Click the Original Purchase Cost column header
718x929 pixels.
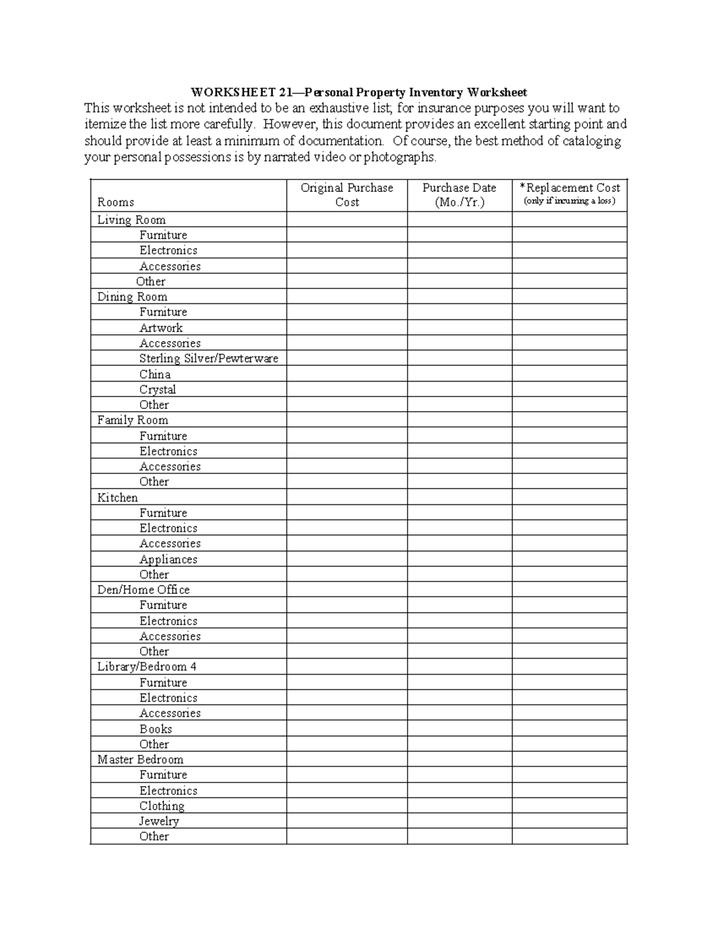[346, 195]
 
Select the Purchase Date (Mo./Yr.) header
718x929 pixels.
[459, 195]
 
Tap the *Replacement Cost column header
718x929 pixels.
[569, 194]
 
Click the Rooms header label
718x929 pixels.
[115, 202]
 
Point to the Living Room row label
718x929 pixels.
[131, 220]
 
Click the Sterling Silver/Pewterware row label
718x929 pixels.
[208, 358]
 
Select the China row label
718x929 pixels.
[155, 374]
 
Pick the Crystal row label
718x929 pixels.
[157, 389]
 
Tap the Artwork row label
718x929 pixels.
[160, 328]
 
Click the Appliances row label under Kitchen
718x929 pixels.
[168, 559]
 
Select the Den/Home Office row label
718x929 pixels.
[143, 590]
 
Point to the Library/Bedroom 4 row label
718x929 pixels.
[147, 667]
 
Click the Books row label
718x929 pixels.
[156, 729]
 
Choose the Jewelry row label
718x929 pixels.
[159, 821]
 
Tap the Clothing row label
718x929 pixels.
[162, 806]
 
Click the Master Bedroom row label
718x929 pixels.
[140, 760]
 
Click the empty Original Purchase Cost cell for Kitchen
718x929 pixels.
[346, 498]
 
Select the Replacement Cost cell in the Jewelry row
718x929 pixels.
[569, 821]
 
